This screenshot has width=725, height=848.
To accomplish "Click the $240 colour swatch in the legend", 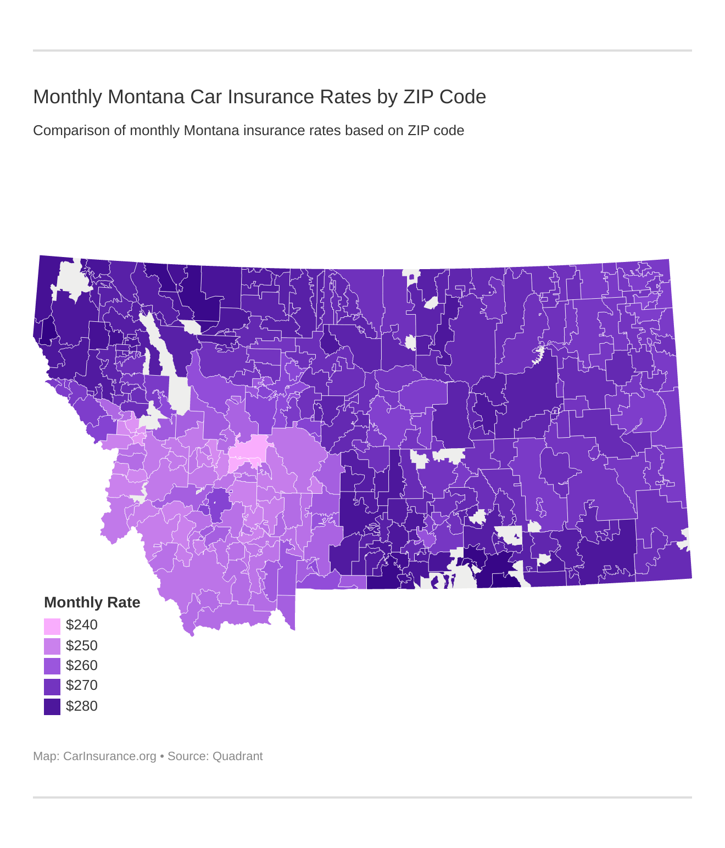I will (52, 626).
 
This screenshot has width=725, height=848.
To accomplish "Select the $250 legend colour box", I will (52, 646).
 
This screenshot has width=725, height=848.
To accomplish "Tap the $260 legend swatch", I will (52, 666).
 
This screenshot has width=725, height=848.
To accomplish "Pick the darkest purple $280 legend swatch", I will (52, 707).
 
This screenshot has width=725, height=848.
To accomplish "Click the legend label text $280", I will (82, 706).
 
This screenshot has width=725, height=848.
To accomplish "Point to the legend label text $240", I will (82, 625).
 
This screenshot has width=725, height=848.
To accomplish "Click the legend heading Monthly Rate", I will (92, 602).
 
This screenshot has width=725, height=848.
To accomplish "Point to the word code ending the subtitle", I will (450, 131).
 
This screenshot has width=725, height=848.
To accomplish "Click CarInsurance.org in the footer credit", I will (110, 756).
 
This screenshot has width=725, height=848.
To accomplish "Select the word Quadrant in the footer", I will (237, 756).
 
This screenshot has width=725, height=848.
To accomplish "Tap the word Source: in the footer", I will (188, 756).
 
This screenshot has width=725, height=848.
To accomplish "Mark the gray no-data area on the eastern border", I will (684, 539).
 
